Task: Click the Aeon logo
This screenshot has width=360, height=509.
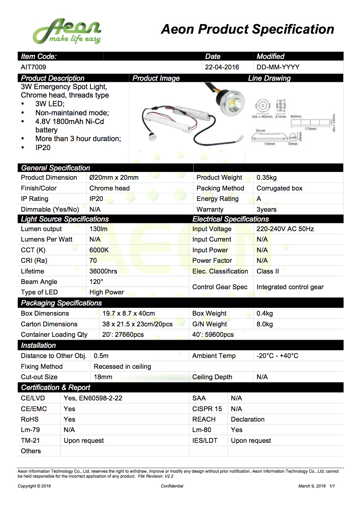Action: pyautogui.click(x=67, y=31)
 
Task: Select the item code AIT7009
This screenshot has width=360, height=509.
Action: pyautogui.click(x=33, y=67)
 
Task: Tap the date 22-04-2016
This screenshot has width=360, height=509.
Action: pyautogui.click(x=222, y=67)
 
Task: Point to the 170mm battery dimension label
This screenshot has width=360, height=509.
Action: pyautogui.click(x=310, y=129)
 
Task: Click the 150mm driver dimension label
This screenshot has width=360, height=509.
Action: pyautogui.click(x=269, y=144)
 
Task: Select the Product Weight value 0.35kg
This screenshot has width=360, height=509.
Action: pyautogui.click(x=267, y=177)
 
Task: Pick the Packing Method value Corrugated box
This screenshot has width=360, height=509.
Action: pyautogui.click(x=279, y=188)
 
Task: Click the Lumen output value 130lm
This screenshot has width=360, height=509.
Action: pyautogui.click(x=98, y=229)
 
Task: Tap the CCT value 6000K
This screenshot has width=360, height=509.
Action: pyautogui.click(x=99, y=250)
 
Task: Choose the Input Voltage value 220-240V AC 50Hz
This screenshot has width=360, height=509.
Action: pyautogui.click(x=285, y=229)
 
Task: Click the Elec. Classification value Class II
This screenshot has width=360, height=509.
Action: pyautogui.click(x=268, y=271)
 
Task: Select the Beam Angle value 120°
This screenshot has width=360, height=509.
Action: pyautogui.click(x=96, y=282)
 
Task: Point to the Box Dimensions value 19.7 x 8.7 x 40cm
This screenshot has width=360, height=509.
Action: pyautogui.click(x=128, y=313)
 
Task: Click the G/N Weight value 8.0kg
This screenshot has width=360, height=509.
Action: pyautogui.click(x=264, y=324)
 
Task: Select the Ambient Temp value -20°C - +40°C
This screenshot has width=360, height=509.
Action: pyautogui.click(x=277, y=356)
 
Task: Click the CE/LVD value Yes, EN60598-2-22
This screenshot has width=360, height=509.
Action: pyautogui.click(x=93, y=398)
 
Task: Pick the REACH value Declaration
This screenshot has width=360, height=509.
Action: pyautogui.click(x=248, y=419)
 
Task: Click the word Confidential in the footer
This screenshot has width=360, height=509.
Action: pyautogui.click(x=172, y=486)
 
